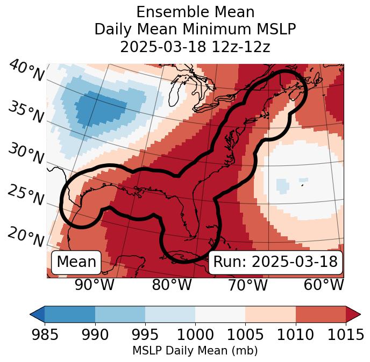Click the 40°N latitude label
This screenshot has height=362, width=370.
(26, 71)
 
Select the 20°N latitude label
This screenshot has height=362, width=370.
(25, 236)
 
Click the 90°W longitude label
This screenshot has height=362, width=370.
(94, 285)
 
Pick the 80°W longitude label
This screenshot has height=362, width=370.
(172, 285)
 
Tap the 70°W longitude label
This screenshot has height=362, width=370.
(247, 285)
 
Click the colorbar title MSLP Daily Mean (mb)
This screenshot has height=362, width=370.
(195, 351)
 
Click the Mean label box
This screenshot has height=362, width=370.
(76, 262)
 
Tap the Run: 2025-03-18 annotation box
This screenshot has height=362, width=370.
(275, 262)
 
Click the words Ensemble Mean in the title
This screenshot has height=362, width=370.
(195, 12)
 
